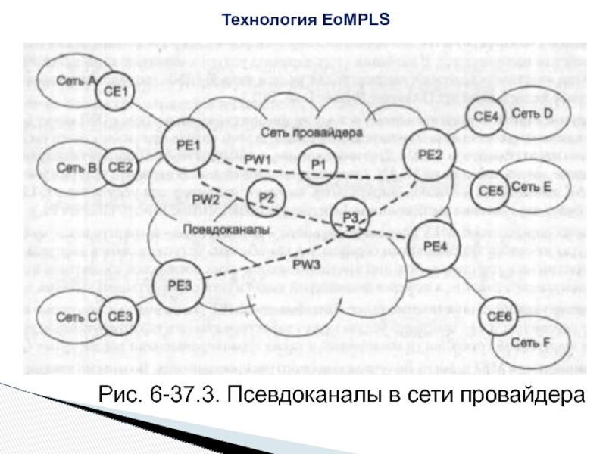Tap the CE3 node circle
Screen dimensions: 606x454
(x=120, y=317)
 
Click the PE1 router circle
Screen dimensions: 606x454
(x=180, y=145)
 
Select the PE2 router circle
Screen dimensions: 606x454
(x=430, y=155)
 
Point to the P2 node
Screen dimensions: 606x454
(x=266, y=198)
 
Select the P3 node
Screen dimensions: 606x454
(x=349, y=218)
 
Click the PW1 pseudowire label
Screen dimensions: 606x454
(x=258, y=160)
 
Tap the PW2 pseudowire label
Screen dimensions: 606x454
(x=205, y=200)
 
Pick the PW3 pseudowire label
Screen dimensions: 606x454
(x=308, y=264)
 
